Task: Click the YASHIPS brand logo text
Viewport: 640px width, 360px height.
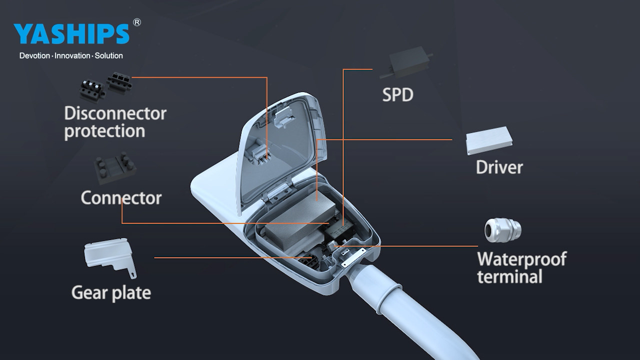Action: click(71, 33)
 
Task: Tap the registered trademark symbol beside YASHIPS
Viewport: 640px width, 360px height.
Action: click(137, 22)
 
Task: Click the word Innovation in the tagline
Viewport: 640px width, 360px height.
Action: click(72, 55)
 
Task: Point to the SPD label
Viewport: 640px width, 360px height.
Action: click(397, 95)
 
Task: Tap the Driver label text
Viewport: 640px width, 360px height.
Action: click(499, 167)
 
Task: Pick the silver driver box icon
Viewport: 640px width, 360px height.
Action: click(489, 140)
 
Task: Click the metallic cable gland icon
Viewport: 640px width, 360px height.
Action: click(502, 230)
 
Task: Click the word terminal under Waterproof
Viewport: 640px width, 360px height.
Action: click(509, 276)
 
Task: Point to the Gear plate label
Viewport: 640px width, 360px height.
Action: click(111, 293)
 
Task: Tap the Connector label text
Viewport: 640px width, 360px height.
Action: click(121, 197)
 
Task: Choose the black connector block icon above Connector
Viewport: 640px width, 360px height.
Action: click(115, 168)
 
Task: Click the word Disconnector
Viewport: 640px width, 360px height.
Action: click(115, 113)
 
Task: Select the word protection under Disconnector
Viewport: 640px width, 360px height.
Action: click(104, 131)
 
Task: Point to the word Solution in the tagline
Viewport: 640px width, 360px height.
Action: click(109, 55)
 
